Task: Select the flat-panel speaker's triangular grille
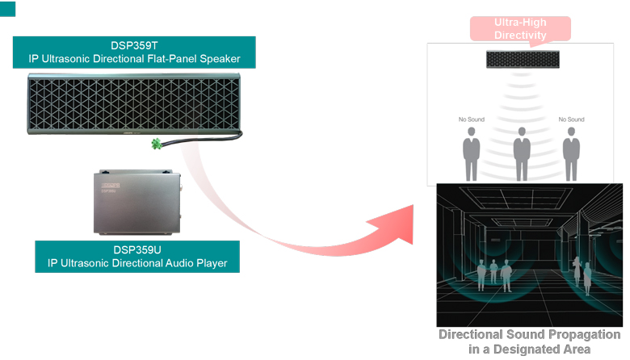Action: [133, 103]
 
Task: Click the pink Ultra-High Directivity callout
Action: [521, 29]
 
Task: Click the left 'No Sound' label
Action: [471, 119]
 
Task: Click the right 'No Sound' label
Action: [572, 119]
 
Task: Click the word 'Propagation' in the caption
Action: [578, 334]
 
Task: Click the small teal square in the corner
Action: [9, 9]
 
